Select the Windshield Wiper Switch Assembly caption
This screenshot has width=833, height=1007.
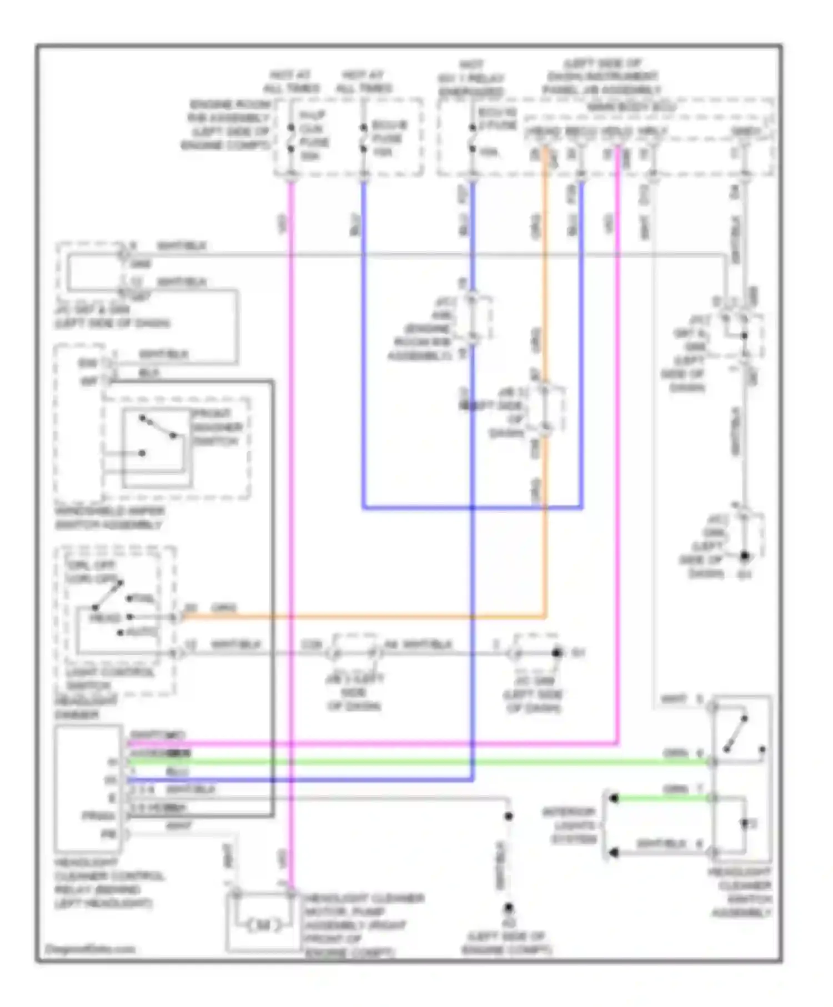point(109,518)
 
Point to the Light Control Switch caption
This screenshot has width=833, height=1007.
point(110,678)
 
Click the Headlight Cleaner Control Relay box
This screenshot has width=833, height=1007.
point(88,787)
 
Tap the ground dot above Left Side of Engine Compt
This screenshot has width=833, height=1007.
point(508,909)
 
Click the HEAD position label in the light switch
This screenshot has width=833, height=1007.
point(106,618)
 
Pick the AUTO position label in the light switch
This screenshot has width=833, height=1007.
point(142,632)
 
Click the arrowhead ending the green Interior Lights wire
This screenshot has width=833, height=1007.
point(614,798)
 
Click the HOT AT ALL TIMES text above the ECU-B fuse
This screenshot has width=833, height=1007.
point(364,82)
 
